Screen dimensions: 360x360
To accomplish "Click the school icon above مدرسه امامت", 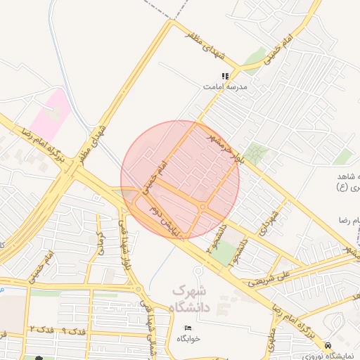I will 225,76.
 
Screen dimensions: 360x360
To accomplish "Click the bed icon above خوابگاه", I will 187,328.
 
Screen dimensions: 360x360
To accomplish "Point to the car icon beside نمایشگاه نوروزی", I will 328,345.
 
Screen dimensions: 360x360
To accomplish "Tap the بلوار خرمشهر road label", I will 217,141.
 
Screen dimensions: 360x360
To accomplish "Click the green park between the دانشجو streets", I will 225,255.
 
